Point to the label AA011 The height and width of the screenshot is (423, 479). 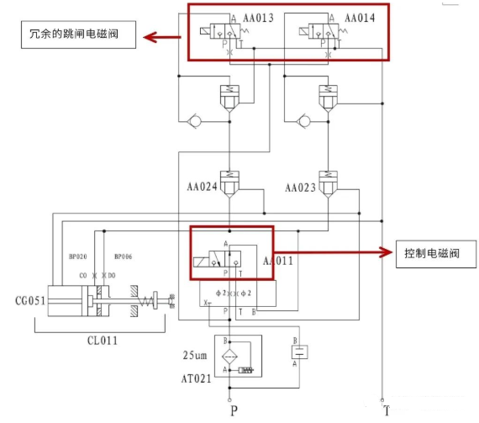(277, 262)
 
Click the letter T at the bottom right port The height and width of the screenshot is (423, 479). (386, 411)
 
